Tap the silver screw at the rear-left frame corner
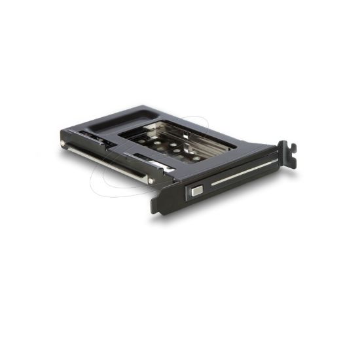point(63,143)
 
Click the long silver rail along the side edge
point(105,160)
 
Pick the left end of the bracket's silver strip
point(212,184)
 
